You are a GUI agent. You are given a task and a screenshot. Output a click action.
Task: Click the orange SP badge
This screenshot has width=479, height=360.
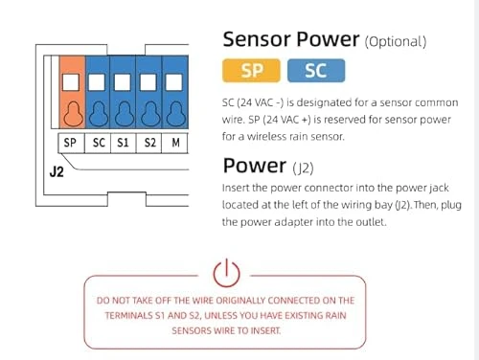click(251, 71)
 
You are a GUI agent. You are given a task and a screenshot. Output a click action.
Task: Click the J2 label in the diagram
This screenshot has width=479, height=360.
click(57, 174)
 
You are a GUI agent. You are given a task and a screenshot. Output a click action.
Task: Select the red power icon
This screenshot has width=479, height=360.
click(225, 274)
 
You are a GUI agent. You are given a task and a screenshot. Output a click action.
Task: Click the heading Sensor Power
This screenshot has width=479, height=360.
click(289, 40)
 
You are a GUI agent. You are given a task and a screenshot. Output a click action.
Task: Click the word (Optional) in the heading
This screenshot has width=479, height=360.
click(395, 42)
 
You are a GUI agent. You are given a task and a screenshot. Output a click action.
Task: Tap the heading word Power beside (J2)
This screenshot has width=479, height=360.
click(253, 166)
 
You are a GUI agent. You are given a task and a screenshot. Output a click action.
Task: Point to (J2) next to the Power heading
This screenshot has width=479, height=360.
click(306, 168)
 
